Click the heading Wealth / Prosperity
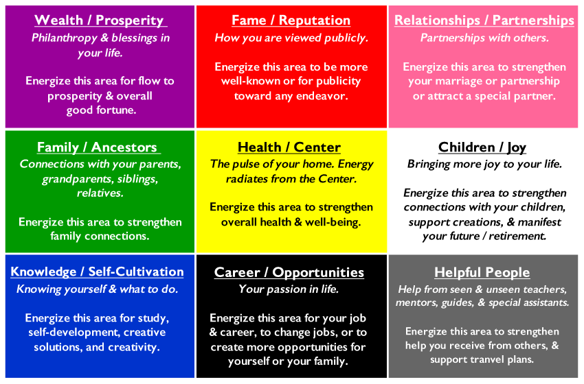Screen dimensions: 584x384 pos(99,20)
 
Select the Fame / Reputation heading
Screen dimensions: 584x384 pos(291,20)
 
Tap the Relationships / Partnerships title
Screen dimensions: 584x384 pos(484,20)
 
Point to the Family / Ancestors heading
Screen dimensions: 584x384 pos(97,147)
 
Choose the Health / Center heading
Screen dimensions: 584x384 pos(289,147)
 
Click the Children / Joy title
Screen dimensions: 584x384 pos(482,147)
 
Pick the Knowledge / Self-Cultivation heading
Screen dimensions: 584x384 pos(97,272)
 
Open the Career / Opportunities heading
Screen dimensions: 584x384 pos(289,272)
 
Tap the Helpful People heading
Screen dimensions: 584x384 pos(482,272)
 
